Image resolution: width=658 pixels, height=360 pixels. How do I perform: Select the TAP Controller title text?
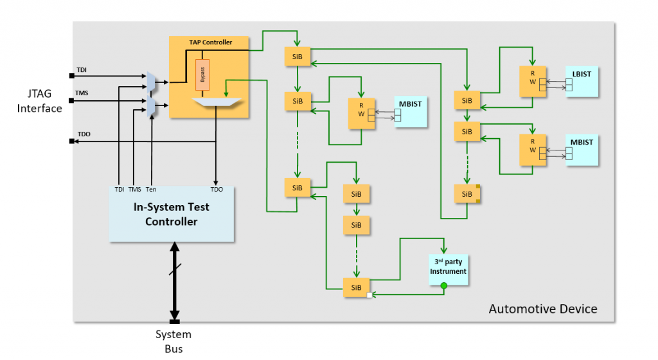tap(210, 42)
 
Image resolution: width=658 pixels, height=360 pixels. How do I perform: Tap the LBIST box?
tap(582, 81)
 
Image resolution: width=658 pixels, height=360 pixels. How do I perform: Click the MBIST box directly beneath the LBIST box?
tap(582, 150)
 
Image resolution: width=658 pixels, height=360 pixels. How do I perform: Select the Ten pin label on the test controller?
tap(151, 189)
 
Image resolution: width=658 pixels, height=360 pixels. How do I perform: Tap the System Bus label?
tap(173, 341)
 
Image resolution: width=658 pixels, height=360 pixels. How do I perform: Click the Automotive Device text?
tap(543, 309)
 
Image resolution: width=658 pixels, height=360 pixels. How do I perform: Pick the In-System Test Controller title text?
tap(171, 214)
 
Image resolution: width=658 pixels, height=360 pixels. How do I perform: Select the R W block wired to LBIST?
tap(533, 81)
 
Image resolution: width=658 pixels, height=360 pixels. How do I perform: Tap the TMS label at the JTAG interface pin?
tap(82, 93)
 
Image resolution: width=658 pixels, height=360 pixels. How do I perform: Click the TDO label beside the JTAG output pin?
tap(84, 134)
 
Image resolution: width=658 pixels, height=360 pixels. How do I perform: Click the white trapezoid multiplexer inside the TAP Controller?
tap(215, 102)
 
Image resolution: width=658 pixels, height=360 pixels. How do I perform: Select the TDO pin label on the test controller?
tap(216, 189)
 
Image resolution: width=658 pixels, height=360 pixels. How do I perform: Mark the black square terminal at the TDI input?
tap(72, 74)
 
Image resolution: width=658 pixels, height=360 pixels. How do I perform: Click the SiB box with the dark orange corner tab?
tap(467, 193)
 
